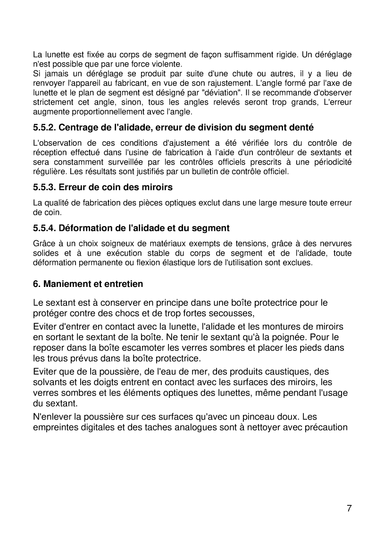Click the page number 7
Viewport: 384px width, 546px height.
click(x=349, y=508)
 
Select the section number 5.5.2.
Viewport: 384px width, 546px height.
click(x=44, y=127)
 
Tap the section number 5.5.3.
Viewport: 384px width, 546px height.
click(x=44, y=187)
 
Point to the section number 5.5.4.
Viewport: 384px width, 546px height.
click(x=44, y=228)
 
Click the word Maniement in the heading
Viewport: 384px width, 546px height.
click(x=64, y=285)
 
